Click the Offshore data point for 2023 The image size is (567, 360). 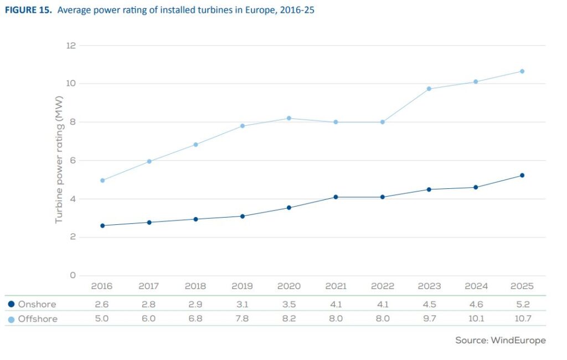[x=429, y=89]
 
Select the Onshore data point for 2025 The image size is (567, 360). [x=522, y=176]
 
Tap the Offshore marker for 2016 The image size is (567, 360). [x=102, y=180]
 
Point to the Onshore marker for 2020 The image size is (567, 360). [x=289, y=208]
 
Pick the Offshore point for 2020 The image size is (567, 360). [x=289, y=119]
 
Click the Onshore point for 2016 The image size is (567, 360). [x=102, y=225]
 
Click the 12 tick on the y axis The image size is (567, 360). [x=71, y=45]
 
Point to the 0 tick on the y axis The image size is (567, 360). [x=73, y=275]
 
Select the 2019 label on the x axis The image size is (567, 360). [x=242, y=286]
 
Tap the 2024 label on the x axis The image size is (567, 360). [x=476, y=286]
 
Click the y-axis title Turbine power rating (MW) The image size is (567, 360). [x=59, y=160]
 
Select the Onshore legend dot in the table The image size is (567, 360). [x=11, y=304]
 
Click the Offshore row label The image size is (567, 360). [x=38, y=319]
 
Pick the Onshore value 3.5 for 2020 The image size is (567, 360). [x=289, y=304]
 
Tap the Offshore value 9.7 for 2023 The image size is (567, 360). [x=429, y=319]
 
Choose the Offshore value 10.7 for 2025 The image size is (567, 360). [x=523, y=319]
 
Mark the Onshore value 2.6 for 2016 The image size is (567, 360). [x=102, y=304]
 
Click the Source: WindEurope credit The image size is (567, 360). [x=501, y=341]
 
